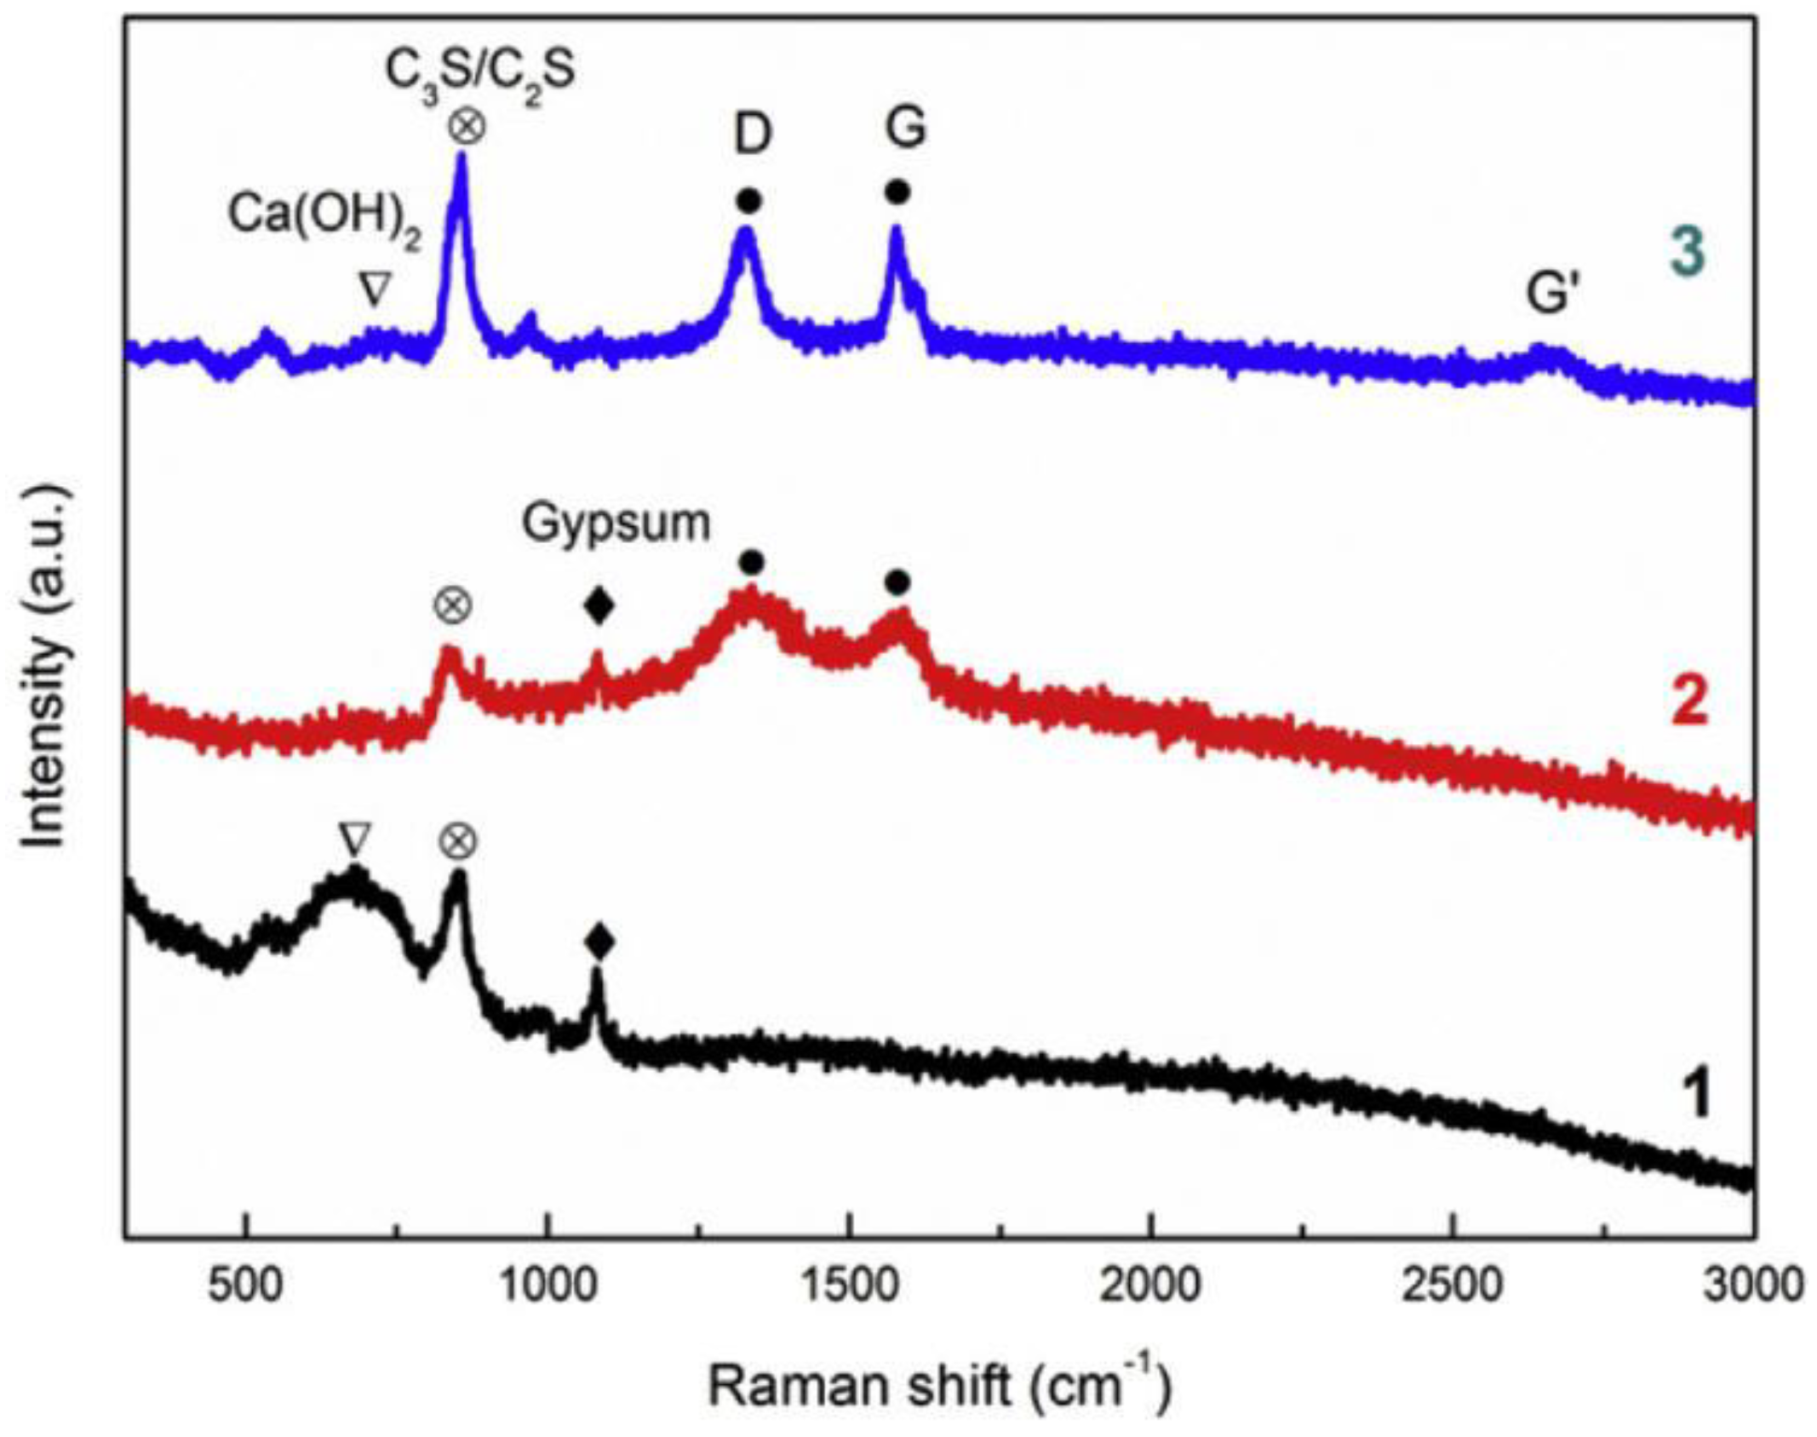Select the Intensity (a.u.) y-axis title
click(x=44, y=667)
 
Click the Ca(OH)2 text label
click(x=324, y=215)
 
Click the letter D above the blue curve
click(x=752, y=135)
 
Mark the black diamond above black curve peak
click(x=599, y=942)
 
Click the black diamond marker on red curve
click(x=599, y=607)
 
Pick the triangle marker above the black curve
click(x=354, y=839)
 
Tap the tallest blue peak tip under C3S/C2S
click(x=462, y=157)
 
